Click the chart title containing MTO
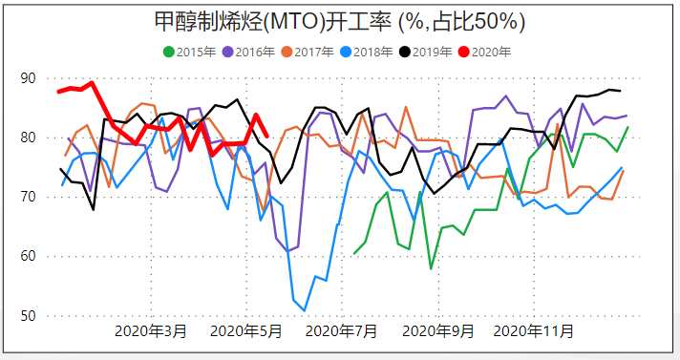click(x=340, y=21)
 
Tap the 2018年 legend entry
click(x=370, y=52)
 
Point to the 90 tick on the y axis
click(x=29, y=78)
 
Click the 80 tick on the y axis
click(x=29, y=138)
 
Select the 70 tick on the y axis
click(x=29, y=197)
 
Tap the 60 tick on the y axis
click(x=29, y=256)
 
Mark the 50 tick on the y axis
click(x=29, y=316)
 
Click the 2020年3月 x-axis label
click(x=151, y=332)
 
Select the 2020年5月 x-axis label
click(x=245, y=332)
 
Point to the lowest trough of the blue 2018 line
click(x=304, y=310)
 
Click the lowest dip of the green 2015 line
click(x=431, y=268)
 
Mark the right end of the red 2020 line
click(x=266, y=137)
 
